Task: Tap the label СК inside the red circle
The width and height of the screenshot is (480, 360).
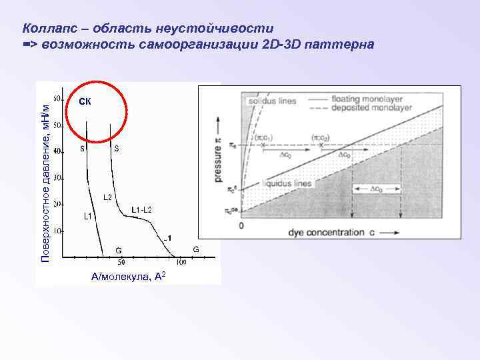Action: [85, 102]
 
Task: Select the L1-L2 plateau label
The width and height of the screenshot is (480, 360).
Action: [141, 210]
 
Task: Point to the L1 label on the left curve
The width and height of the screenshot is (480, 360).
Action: [87, 217]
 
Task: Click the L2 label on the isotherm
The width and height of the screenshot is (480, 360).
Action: [107, 197]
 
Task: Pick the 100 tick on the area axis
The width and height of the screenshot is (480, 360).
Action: [181, 263]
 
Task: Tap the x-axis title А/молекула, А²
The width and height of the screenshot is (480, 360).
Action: [124, 277]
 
